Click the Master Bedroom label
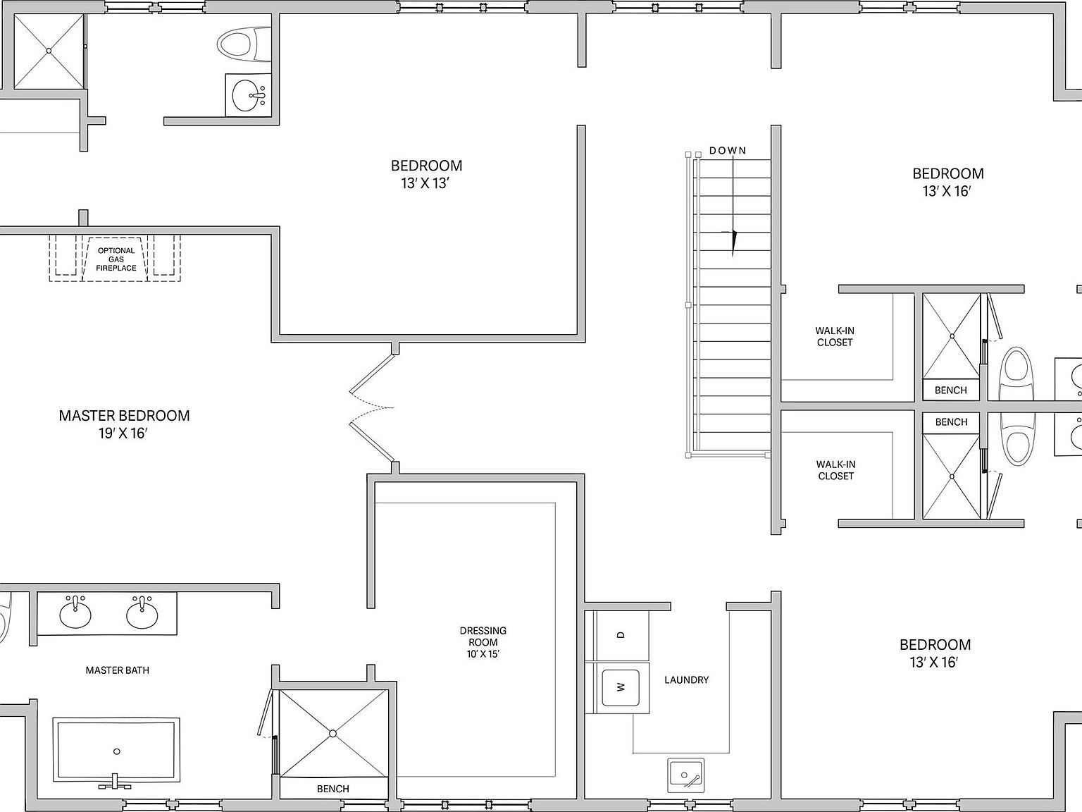pos(124,424)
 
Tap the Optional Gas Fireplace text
pos(116,259)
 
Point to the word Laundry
pos(687,680)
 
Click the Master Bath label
pos(118,670)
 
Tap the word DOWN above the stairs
pos(728,150)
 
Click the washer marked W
pos(621,687)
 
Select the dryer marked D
pos(621,635)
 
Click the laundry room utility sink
pos(686,776)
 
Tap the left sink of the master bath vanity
pos(75,613)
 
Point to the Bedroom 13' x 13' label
pos(426,174)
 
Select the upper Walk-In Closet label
pos(835,337)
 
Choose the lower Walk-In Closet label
pos(835,470)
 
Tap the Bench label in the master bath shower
pos(333,789)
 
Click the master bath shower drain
pos(332,734)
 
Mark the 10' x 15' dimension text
pos(483,654)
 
